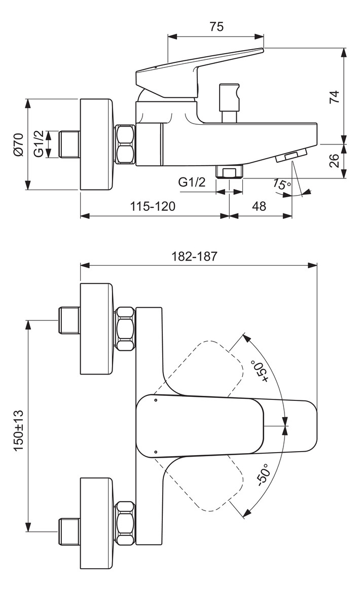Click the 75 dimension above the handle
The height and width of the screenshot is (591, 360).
click(217, 27)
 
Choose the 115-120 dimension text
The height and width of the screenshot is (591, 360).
click(153, 206)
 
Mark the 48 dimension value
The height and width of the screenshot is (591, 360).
click(259, 206)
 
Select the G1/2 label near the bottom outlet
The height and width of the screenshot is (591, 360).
click(192, 182)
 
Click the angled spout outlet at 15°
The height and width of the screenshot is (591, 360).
click(292, 156)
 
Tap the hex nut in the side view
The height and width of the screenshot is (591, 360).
click(125, 144)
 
